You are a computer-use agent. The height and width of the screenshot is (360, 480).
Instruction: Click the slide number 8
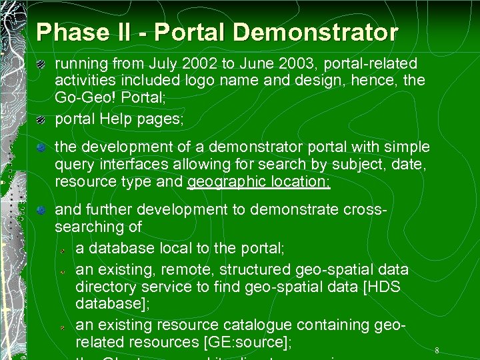[437, 351]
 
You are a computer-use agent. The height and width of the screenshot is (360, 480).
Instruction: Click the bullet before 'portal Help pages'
[41, 119]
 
